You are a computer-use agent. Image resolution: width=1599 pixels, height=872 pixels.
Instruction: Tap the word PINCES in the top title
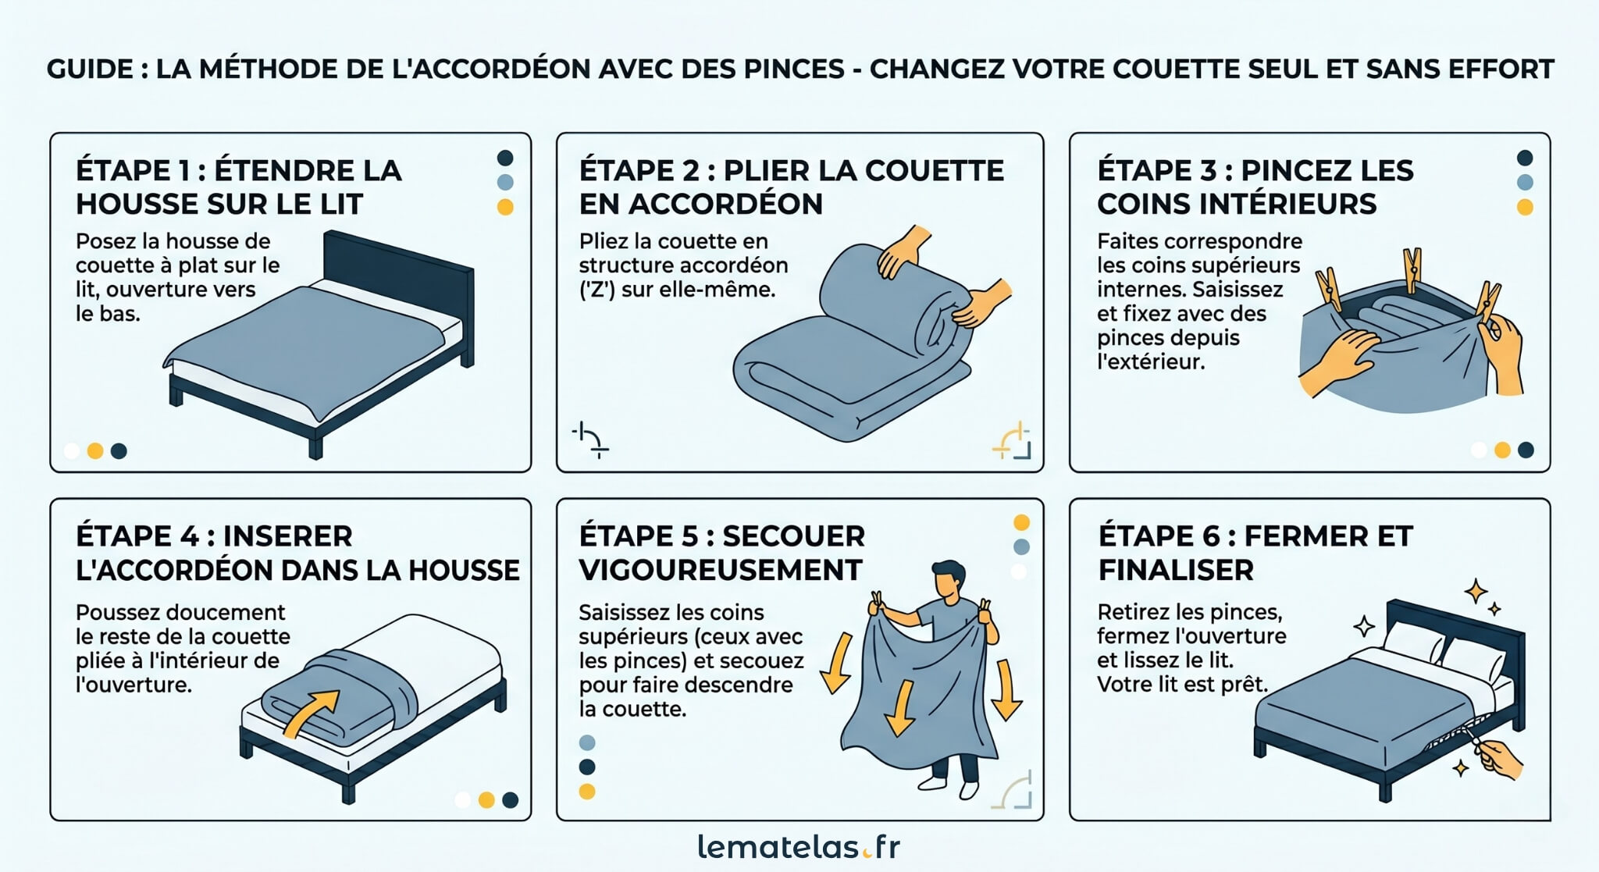pyautogui.click(x=794, y=69)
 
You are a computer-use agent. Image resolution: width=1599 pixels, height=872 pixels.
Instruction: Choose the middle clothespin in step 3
pyautogui.click(x=1412, y=269)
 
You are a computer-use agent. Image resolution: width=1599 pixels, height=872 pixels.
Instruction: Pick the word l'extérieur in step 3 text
pyautogui.click(x=1150, y=362)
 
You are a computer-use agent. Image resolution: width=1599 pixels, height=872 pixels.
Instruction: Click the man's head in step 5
pyautogui.click(x=949, y=579)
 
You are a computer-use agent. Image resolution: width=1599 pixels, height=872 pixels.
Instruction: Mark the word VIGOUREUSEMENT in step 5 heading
pyautogui.click(x=720, y=571)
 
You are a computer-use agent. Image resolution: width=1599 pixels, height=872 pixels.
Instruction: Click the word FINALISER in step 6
pyautogui.click(x=1175, y=571)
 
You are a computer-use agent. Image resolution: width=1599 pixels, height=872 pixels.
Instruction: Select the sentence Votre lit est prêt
pyautogui.click(x=1182, y=685)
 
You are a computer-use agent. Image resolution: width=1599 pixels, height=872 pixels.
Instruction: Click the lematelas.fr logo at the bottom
pyautogui.click(x=798, y=847)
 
